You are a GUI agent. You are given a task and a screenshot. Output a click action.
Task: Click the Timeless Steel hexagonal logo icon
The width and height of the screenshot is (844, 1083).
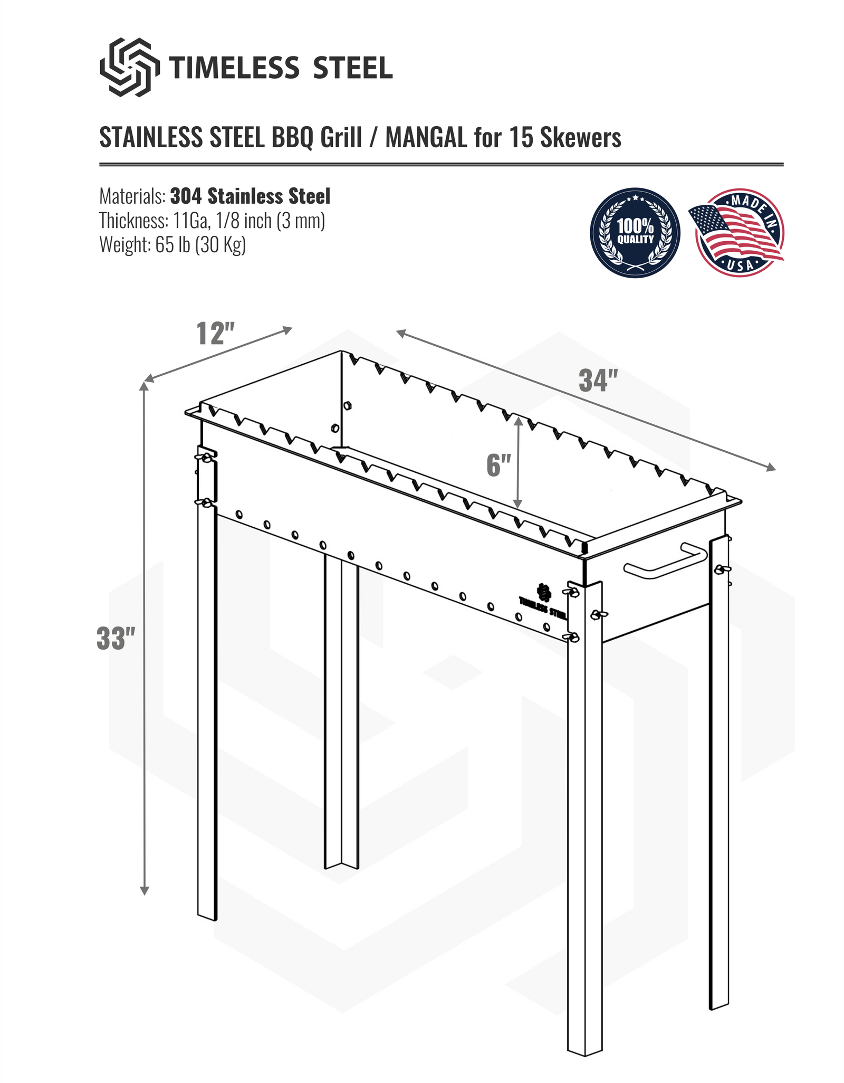point(130,67)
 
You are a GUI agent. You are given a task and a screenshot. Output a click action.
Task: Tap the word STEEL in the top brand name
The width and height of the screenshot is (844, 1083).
point(352,68)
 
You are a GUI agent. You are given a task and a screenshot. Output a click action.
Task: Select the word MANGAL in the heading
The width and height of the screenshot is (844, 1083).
point(426,138)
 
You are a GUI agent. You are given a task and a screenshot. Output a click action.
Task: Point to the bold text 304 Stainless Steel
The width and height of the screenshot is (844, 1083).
point(250,196)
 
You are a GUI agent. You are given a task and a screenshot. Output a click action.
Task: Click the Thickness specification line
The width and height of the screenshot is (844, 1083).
point(212,221)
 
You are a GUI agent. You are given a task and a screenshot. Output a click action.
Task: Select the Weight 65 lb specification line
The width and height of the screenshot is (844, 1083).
point(172,245)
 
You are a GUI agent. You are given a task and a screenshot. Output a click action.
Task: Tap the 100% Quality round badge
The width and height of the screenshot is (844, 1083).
point(635,233)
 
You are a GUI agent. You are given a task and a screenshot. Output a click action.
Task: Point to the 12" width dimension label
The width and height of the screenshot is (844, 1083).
point(215,334)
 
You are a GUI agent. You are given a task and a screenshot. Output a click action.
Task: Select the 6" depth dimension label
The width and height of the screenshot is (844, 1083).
point(498,465)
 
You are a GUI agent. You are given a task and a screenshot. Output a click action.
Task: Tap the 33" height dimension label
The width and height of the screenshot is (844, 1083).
point(117,639)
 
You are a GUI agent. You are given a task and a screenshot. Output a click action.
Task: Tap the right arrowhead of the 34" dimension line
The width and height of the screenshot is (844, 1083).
point(772,468)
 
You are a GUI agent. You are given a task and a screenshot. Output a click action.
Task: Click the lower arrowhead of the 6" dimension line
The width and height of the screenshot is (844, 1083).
point(518,504)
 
